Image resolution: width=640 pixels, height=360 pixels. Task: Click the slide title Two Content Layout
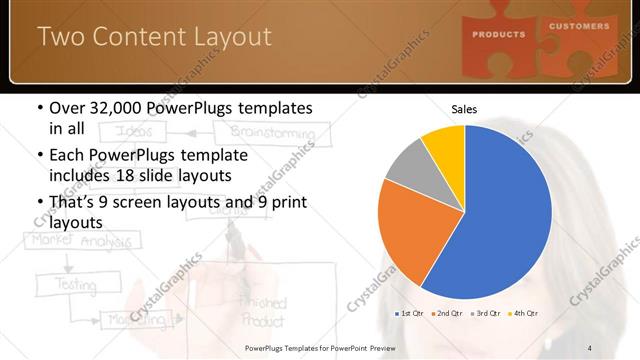(154, 37)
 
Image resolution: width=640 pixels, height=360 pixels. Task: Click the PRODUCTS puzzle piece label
(500, 34)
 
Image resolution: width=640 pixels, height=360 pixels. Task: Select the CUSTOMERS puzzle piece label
(579, 26)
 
